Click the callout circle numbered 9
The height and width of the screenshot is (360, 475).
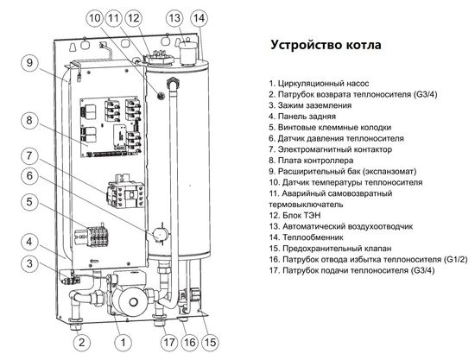pyautogui.click(x=28, y=63)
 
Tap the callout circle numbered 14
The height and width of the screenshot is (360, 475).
pyautogui.click(x=199, y=18)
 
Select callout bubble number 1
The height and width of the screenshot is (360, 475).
pyautogui.click(x=123, y=341)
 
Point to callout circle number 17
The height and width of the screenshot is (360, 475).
pyautogui.click(x=162, y=341)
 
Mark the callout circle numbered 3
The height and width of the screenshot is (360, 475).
pyautogui.click(x=28, y=263)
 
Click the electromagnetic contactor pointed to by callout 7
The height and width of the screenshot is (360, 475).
pyautogui.click(x=120, y=191)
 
